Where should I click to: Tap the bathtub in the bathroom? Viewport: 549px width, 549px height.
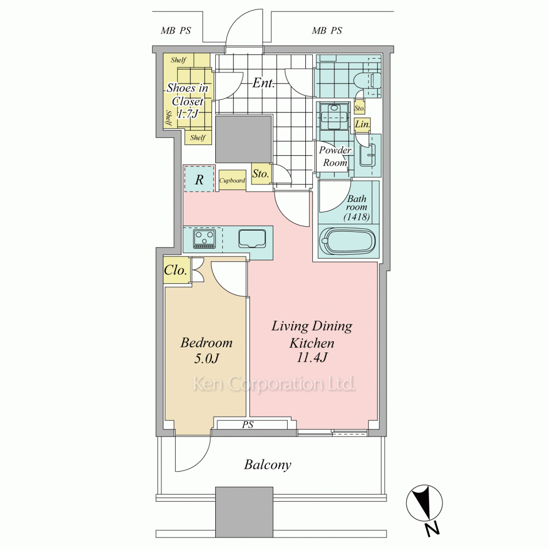[349, 241]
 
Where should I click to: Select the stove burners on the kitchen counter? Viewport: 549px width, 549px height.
[204, 239]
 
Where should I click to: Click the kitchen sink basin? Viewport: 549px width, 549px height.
[252, 239]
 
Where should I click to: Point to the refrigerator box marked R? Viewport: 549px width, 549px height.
[199, 179]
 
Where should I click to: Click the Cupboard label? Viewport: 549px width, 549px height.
[232, 181]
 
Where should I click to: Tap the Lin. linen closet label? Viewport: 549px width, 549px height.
[362, 124]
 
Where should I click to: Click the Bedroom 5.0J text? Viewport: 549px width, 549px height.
[206, 350]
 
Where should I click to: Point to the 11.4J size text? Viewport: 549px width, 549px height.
[312, 358]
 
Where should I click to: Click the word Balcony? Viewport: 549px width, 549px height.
[267, 465]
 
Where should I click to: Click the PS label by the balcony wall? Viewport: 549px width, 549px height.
[248, 425]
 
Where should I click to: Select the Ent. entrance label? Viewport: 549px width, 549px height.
[264, 83]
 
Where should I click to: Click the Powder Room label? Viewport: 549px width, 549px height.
[335, 156]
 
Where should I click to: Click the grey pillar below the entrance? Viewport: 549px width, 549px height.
[243, 139]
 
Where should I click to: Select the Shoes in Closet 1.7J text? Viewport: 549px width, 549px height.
[188, 100]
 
